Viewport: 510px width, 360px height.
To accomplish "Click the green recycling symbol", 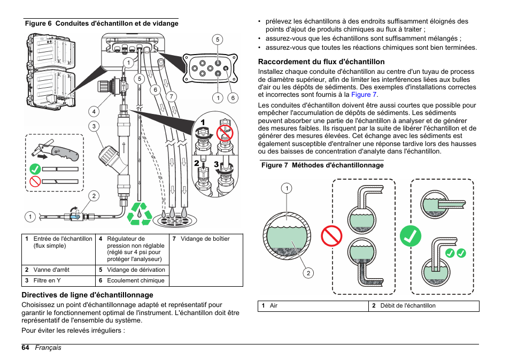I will (140, 213).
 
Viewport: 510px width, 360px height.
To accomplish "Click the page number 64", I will (25, 348).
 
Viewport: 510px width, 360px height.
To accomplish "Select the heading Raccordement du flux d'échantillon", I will (321, 62).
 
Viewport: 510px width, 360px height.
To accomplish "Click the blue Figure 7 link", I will (364, 94).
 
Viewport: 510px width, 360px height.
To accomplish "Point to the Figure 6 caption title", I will (102, 24).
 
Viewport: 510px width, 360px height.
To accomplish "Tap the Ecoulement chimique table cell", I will (135, 280).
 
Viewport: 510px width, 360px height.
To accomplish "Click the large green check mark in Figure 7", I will (410, 235).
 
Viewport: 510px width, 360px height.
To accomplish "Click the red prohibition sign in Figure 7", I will (331, 235).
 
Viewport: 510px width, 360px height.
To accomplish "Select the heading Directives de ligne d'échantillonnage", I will (87, 295).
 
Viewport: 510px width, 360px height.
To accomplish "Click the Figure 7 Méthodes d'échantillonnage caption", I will (322, 165).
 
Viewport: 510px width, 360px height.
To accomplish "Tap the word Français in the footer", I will (48, 348).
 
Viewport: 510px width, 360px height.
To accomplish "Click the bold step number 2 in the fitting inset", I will (196, 163).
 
